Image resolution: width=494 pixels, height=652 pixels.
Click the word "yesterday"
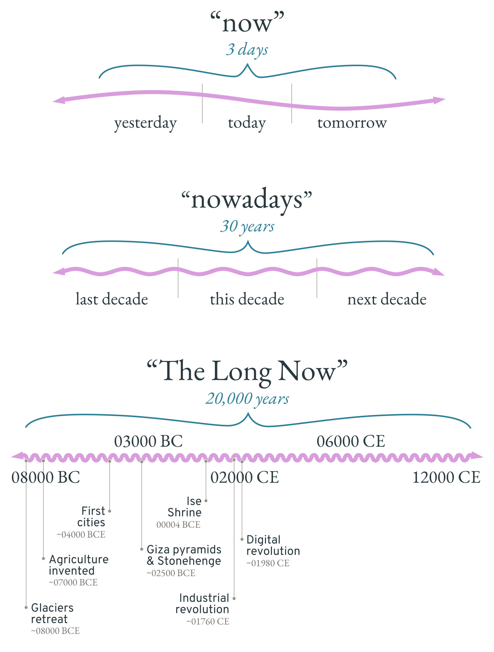(145, 123)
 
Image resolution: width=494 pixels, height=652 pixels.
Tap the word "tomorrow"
(352, 122)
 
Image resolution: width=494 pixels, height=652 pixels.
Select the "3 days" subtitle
(247, 50)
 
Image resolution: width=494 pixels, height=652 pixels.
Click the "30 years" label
(247, 227)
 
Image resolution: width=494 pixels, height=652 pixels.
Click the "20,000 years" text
(247, 399)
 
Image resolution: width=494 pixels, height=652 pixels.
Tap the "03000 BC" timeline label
(148, 441)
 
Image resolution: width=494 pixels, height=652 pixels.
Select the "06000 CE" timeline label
(351, 441)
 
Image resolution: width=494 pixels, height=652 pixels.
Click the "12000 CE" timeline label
(446, 477)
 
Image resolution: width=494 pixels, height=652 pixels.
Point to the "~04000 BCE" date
(81, 534)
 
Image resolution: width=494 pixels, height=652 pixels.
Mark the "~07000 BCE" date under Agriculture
(73, 582)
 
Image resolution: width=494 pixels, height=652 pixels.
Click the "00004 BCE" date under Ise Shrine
(178, 525)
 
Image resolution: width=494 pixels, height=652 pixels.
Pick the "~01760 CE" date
(208, 621)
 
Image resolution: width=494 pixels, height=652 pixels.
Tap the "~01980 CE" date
(268, 563)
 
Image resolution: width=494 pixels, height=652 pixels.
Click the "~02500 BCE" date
(171, 573)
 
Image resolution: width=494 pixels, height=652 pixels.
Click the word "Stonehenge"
(189, 561)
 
